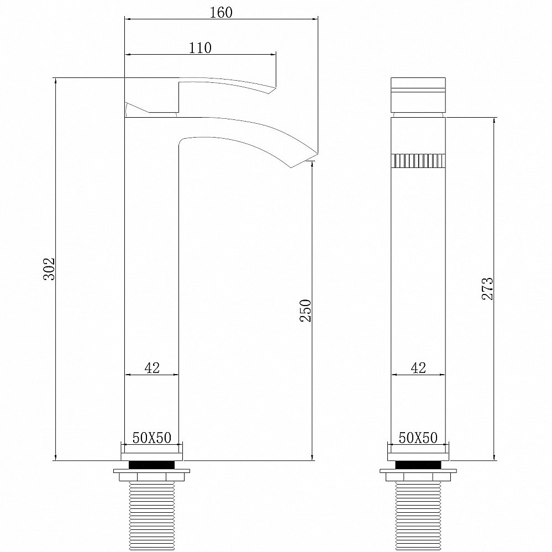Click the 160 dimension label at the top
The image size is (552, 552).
(x=221, y=12)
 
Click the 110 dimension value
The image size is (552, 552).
(x=200, y=48)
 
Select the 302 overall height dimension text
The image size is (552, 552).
(x=49, y=269)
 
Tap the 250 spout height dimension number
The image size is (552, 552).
(x=306, y=311)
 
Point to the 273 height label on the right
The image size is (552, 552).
(x=487, y=288)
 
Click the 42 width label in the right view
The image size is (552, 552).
(x=418, y=368)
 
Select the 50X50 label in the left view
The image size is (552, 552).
(x=151, y=438)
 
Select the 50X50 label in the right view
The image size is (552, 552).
(x=418, y=438)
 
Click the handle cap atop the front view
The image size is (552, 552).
(x=418, y=94)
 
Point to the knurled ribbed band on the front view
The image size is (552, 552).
(x=418, y=161)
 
